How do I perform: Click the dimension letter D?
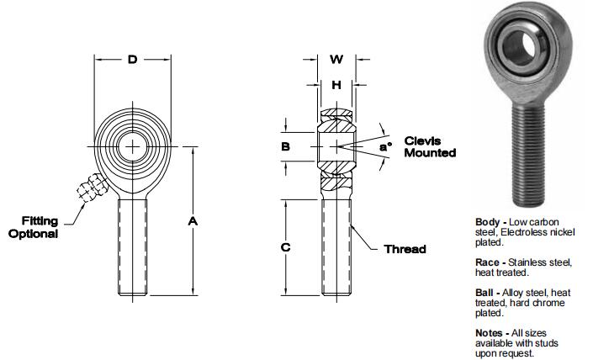[132, 60]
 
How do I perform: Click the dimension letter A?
[193, 221]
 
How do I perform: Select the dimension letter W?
[336, 60]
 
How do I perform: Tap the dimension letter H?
[336, 84]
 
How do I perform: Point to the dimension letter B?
[285, 146]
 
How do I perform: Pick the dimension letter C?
[285, 247]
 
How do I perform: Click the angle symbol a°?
[385, 147]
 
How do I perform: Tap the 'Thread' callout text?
[405, 249]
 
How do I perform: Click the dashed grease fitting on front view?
[89, 188]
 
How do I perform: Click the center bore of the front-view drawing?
[132, 146]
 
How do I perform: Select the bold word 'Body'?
[487, 221]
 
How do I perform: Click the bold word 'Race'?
[489, 262]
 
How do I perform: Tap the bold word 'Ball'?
[486, 293]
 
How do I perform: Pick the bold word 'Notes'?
[490, 333]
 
